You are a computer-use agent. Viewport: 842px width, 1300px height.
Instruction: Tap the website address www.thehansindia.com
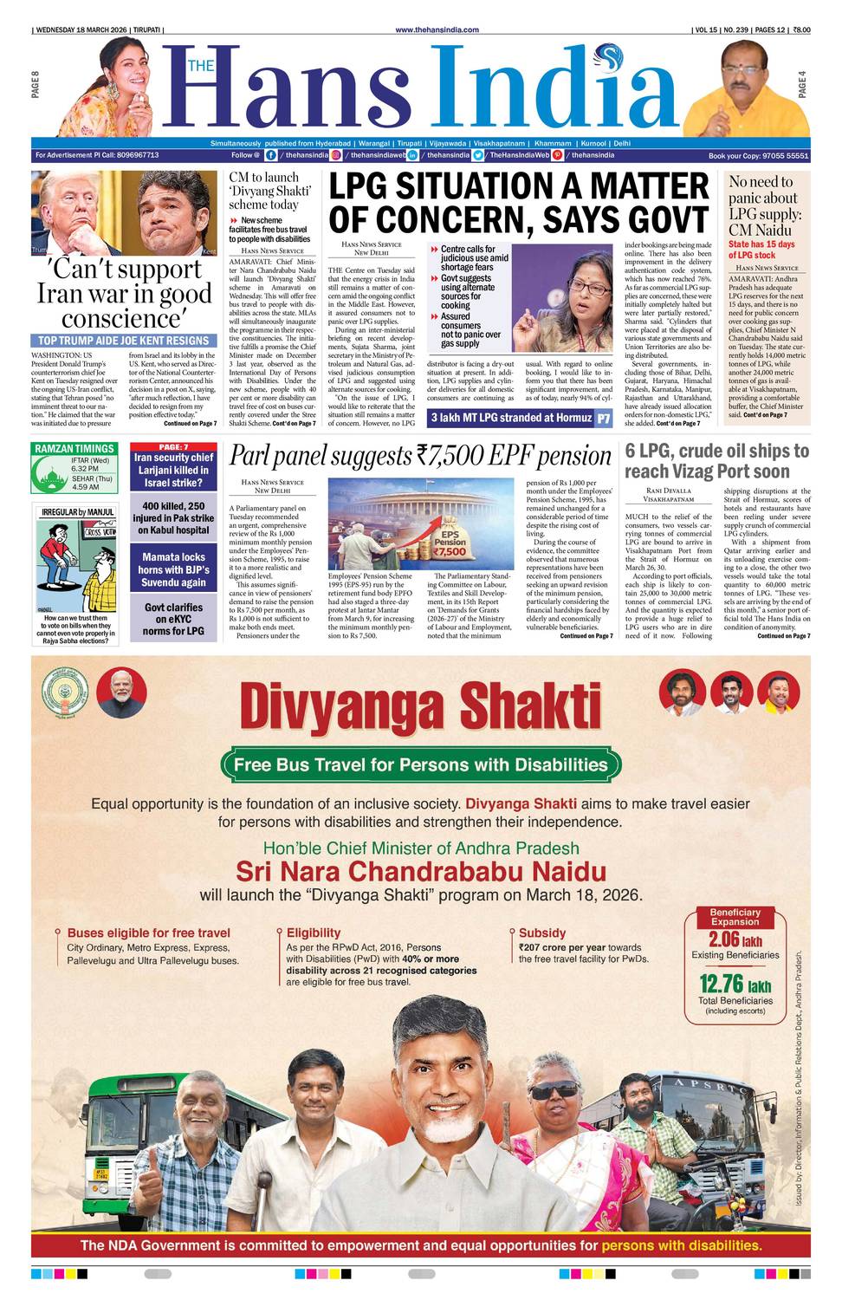437,29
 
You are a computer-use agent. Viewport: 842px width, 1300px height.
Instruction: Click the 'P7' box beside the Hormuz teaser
604,419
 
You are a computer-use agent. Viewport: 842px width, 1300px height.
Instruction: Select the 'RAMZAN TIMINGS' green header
74,449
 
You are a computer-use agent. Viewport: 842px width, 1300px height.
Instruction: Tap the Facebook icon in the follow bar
271,155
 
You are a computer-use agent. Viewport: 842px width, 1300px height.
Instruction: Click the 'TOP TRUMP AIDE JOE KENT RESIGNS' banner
123,341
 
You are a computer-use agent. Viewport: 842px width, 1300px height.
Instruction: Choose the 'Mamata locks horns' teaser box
173,570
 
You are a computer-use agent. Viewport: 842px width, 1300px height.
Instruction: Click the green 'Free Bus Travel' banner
421,764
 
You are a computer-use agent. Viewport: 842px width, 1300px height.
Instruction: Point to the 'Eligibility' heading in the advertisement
314,933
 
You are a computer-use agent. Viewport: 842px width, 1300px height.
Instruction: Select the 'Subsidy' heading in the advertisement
542,933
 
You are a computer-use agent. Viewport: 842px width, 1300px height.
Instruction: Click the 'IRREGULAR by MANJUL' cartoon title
78,512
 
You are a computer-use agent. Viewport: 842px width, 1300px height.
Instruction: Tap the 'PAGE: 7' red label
173,447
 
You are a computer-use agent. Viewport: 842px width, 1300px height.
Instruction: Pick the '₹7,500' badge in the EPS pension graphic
450,551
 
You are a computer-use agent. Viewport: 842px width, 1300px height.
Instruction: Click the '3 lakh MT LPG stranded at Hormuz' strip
511,419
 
